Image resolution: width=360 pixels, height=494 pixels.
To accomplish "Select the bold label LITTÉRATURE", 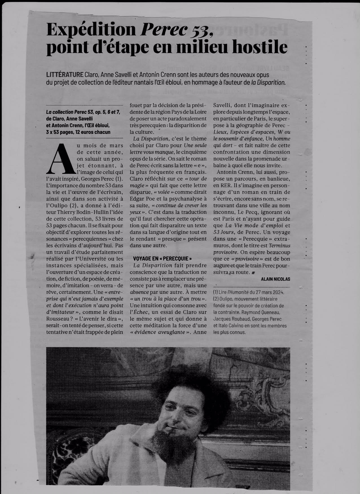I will [64, 75].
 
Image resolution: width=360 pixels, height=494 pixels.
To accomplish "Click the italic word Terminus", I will [280, 246].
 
